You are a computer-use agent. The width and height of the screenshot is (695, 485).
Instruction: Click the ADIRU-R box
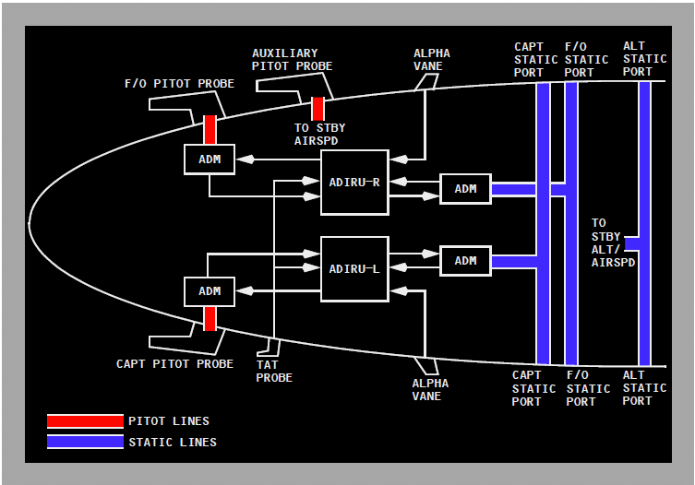[354, 183]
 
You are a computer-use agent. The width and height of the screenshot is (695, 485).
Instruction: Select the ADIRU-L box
[354, 268]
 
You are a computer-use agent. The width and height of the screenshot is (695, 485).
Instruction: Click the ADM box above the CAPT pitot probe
[210, 291]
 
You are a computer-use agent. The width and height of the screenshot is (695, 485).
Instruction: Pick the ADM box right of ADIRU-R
[465, 189]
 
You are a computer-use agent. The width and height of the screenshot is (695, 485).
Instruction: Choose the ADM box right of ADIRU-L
[465, 261]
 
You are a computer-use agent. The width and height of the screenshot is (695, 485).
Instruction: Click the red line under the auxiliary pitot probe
[318, 109]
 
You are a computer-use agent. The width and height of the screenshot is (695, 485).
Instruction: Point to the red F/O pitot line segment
[210, 129]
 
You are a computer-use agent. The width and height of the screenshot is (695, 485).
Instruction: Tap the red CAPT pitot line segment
[210, 319]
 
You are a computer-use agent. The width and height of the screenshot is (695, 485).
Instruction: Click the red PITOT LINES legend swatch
[85, 421]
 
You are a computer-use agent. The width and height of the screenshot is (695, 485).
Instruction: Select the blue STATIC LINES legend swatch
[85, 442]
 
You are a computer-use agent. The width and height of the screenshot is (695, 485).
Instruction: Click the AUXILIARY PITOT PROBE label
[292, 60]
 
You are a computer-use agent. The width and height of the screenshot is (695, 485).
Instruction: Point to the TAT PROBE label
[274, 372]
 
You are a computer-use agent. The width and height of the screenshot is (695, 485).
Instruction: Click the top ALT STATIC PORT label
[644, 59]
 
